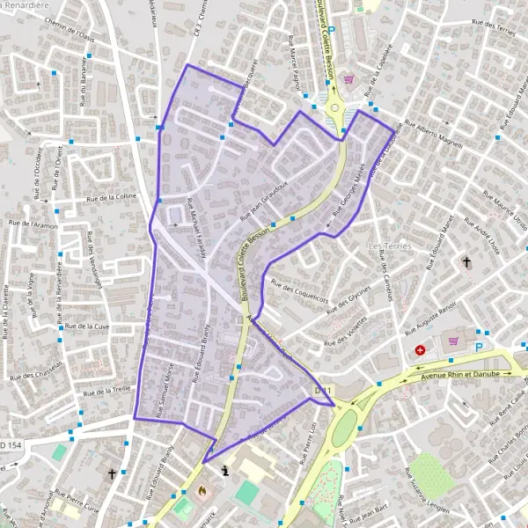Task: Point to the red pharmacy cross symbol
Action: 421,350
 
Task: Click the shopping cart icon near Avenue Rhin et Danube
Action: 453,341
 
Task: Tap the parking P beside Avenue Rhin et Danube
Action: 479,348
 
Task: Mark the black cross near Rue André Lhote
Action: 466,262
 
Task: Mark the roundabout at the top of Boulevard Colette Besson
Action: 335,109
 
